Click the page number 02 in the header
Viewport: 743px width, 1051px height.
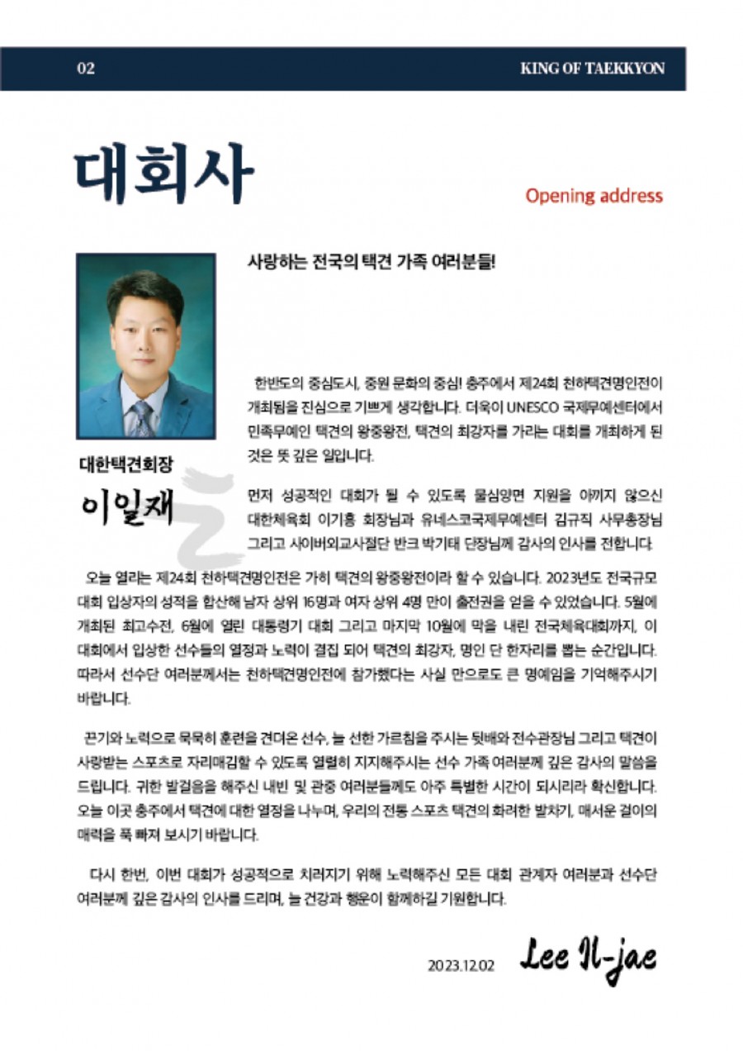point(86,69)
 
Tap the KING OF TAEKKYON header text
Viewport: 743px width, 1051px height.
point(592,69)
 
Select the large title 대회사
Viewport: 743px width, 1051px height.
point(163,175)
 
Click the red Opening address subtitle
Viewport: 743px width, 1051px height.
point(594,196)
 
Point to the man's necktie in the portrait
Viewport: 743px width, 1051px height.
point(142,417)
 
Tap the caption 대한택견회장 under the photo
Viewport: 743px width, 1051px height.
point(126,464)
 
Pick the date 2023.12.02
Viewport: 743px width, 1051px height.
point(461,964)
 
